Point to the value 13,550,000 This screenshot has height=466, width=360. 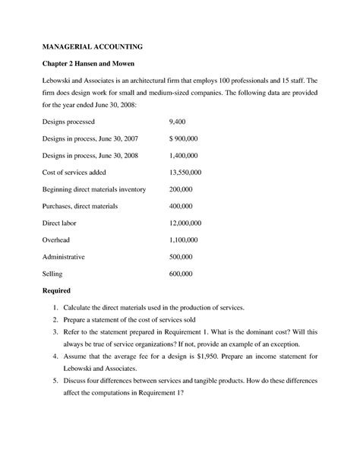click(x=185, y=172)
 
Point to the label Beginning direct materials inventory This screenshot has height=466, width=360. click(x=94, y=189)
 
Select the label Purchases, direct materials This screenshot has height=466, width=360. click(x=81, y=205)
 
